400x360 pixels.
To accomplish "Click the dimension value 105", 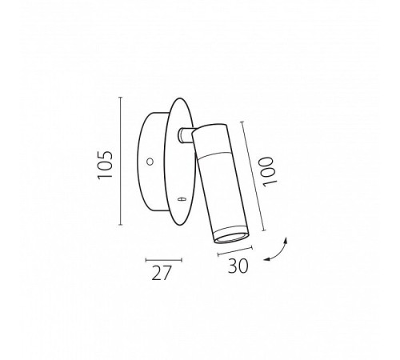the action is tap(105, 165).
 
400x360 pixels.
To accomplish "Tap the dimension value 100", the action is tap(268, 172).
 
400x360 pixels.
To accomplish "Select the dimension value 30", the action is tap(238, 266).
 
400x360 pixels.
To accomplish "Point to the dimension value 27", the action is tap(161, 273).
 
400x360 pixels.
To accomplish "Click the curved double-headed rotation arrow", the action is tap(278, 252).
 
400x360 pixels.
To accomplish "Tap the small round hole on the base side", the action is tap(150, 162).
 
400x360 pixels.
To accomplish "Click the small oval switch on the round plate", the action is tap(181, 198).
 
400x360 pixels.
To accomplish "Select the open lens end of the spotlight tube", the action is tap(231, 238).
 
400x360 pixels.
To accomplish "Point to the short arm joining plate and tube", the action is tap(186, 134).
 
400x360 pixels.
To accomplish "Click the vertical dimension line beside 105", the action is tap(120, 161).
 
